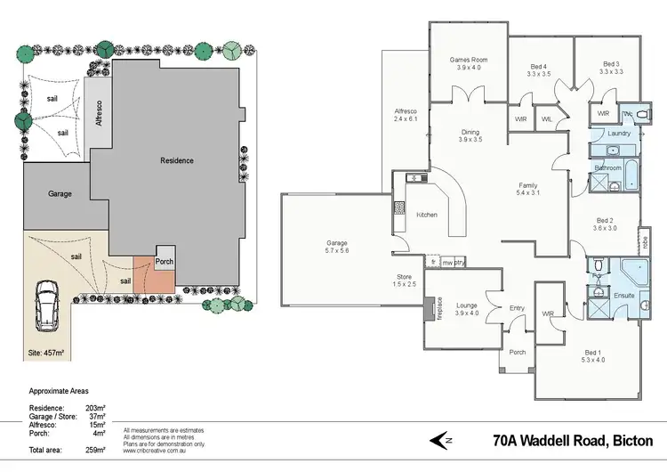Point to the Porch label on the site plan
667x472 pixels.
tap(165, 262)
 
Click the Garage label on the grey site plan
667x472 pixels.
tap(60, 193)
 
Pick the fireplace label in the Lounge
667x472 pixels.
tap(428, 307)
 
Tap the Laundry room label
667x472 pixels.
tap(618, 134)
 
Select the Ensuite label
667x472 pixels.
tap(624, 295)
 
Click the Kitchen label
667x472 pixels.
tap(425, 215)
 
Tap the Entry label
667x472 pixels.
tap(516, 308)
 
